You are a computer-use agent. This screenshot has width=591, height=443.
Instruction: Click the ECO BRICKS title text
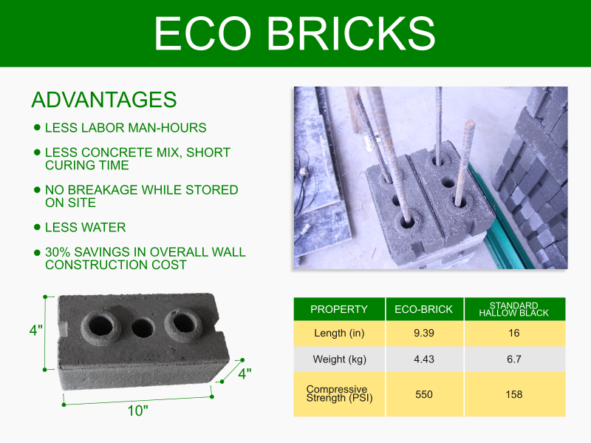click(294, 33)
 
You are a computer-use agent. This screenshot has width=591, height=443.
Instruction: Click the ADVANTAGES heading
click(104, 100)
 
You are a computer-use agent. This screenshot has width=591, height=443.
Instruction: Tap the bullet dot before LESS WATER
click(37, 227)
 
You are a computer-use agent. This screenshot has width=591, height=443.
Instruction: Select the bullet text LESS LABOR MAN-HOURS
click(126, 128)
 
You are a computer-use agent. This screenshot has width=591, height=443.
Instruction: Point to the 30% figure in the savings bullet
click(58, 252)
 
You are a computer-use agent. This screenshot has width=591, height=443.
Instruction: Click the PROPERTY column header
click(339, 309)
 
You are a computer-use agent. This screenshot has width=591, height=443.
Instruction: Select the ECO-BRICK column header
click(423, 309)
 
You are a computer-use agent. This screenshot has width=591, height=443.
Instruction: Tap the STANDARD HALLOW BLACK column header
click(513, 309)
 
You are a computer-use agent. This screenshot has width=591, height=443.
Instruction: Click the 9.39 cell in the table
click(424, 333)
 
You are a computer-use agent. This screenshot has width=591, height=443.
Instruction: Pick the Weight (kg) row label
click(340, 359)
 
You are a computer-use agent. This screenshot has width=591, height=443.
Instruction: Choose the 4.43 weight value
click(424, 359)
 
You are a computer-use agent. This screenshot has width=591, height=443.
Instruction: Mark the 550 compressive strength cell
click(424, 394)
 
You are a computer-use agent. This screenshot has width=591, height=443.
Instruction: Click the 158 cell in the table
click(514, 394)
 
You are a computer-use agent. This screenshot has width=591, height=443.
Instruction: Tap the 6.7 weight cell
click(514, 359)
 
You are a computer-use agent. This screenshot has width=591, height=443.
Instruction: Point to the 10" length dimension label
click(137, 411)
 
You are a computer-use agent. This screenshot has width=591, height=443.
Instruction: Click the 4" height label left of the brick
click(36, 330)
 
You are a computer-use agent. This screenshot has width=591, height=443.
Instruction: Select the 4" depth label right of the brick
click(245, 373)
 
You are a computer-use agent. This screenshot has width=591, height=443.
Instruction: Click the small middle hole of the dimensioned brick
click(143, 328)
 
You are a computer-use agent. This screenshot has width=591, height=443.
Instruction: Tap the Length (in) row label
click(339, 334)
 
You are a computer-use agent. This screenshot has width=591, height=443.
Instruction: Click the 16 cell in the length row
click(514, 333)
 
